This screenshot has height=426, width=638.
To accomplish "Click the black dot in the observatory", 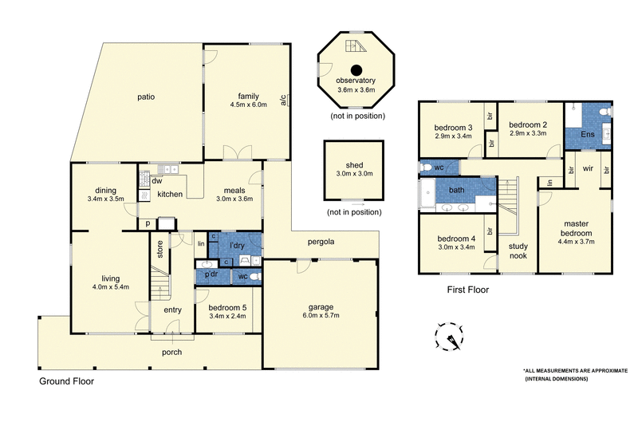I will pos(356,69).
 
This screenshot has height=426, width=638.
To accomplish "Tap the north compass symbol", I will pos(450,337).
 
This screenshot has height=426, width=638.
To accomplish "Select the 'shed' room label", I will pos(354,164).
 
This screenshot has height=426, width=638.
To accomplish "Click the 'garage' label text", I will pos(321,306).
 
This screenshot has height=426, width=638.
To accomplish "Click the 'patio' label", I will pos(144,97).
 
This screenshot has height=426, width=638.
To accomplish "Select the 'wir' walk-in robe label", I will pos(589,168).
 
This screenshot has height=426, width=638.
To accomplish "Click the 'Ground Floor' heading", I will pos(67,381).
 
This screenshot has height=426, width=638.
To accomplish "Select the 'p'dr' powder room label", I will pos(212,275).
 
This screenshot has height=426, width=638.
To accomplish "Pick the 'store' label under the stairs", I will pos(159,250).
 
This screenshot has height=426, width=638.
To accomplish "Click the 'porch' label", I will pos(171,352).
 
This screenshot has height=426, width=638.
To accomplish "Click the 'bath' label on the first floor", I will pos(457,190).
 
